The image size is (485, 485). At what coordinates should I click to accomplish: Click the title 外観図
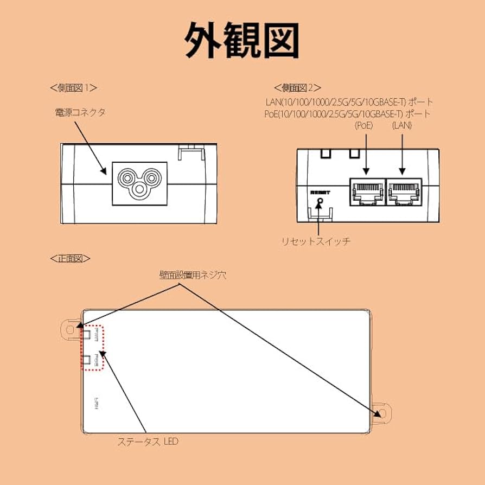pyautogui.click(x=242, y=41)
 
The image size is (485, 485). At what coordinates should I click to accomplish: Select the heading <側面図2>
pyautogui.click(x=297, y=87)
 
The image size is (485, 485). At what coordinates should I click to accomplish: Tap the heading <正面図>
pyautogui.click(x=69, y=258)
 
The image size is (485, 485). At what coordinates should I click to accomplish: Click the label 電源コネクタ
pyautogui.click(x=80, y=112)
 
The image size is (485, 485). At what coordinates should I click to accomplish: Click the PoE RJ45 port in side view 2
pyautogui.click(x=367, y=191)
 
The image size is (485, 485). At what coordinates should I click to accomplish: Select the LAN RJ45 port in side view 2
pyautogui.click(x=403, y=191)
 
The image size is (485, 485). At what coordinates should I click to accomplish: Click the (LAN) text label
pyautogui.click(x=403, y=125)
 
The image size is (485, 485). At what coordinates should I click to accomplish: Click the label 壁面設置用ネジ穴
pyautogui.click(x=192, y=275)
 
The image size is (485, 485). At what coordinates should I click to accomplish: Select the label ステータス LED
pyautogui.click(x=148, y=442)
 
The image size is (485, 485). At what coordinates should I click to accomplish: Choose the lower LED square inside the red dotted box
pyautogui.click(x=88, y=360)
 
